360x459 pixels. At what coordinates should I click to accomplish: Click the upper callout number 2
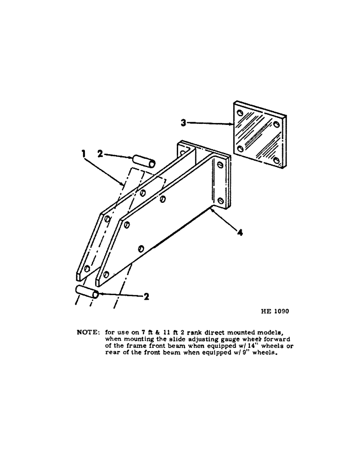point(100,155)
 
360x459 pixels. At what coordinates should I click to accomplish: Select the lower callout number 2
point(146,297)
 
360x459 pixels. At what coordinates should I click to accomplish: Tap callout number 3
point(183,123)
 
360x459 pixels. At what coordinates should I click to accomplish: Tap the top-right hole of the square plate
point(276,123)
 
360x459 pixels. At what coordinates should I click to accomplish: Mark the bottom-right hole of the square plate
point(277,160)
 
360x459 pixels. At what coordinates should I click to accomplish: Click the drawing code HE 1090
point(274,311)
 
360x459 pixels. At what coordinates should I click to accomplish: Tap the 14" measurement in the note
point(229,346)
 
